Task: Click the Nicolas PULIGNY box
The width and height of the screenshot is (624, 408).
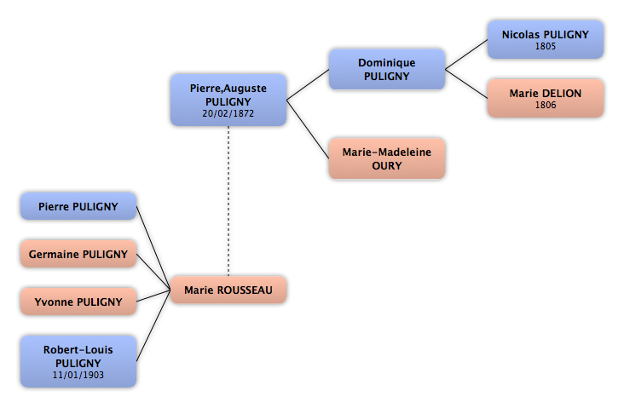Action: (546, 40)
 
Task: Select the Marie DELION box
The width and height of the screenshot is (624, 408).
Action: (546, 98)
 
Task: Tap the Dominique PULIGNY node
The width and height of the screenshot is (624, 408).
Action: (387, 69)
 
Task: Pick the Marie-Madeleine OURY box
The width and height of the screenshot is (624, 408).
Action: (387, 158)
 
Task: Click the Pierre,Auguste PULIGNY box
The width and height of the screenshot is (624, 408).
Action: (228, 100)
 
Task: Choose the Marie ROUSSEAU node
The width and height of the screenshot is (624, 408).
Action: (228, 290)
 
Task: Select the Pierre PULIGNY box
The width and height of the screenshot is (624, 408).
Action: (78, 206)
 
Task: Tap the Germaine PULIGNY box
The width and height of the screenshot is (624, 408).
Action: (78, 254)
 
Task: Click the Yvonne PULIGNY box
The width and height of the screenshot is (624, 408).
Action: (78, 302)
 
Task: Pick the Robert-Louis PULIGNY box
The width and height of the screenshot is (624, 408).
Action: (78, 361)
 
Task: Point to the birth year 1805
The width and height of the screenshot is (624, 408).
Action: (546, 47)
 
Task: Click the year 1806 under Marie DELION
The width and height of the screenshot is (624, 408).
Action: (546, 105)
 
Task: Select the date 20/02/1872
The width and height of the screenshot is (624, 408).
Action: (228, 114)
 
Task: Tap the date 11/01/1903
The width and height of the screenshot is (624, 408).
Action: (78, 375)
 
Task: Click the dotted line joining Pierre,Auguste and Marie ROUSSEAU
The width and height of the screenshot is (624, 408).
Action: (228, 201)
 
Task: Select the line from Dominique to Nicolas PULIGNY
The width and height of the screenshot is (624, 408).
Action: (466, 55)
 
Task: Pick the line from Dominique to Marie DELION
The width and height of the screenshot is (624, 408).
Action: (466, 84)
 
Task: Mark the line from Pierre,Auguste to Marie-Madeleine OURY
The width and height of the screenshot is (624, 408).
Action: (308, 129)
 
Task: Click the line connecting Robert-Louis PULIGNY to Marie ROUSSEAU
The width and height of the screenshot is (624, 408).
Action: (153, 325)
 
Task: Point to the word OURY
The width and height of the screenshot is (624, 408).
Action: (387, 166)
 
